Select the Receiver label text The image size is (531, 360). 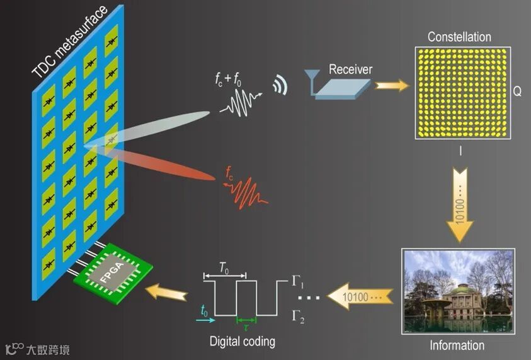pyautogui.click(x=350, y=69)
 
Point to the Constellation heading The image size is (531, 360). pyautogui.click(x=459, y=37)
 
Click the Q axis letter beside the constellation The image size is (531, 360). pyautogui.click(x=517, y=92)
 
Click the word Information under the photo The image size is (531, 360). pyautogui.click(x=457, y=345)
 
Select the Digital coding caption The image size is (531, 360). pyautogui.click(x=242, y=341)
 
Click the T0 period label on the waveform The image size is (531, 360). pyautogui.click(x=224, y=268)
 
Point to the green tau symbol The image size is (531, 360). pyautogui.click(x=246, y=328)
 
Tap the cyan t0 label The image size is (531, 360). pyautogui.click(x=203, y=311)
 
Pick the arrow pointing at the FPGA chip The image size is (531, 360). pyautogui.click(x=168, y=291)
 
